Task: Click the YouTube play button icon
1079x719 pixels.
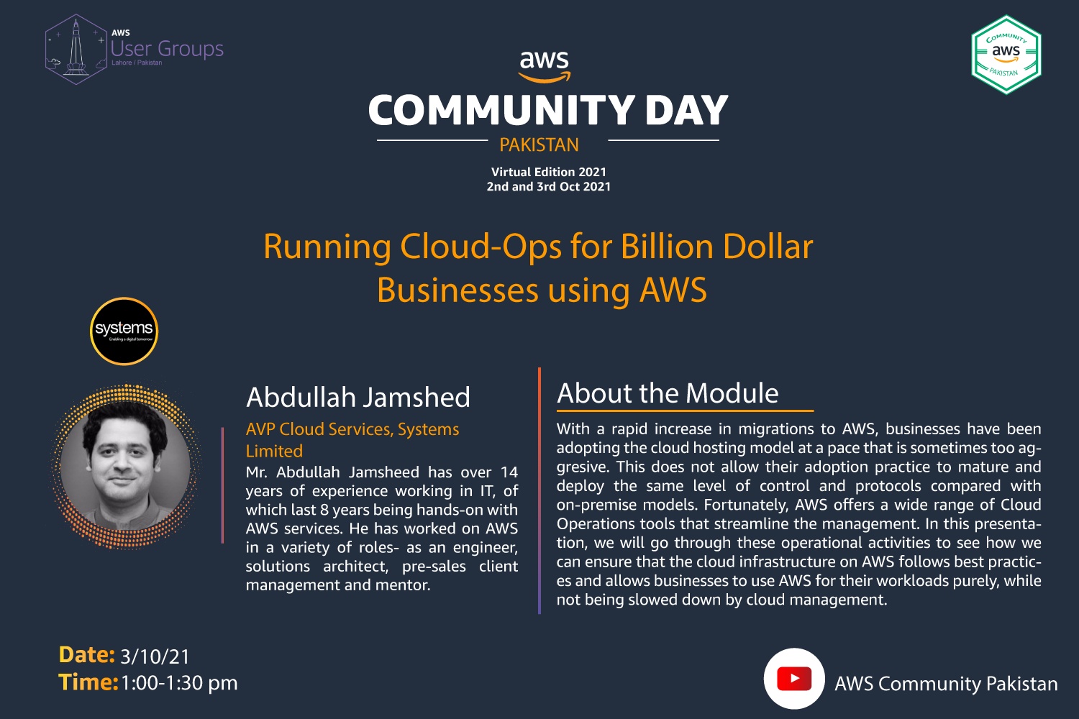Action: [x=794, y=679]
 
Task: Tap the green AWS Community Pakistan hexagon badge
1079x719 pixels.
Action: [x=1006, y=55]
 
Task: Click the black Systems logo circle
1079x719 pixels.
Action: [x=124, y=331]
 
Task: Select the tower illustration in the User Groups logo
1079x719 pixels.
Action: [x=76, y=48]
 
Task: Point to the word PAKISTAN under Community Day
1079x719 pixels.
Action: [x=539, y=145]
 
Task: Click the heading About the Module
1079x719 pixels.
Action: [x=668, y=393]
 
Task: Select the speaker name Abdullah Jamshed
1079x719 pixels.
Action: [x=358, y=398]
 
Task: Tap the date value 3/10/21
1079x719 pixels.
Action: [x=155, y=656]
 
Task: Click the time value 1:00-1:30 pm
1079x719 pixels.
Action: [x=179, y=683]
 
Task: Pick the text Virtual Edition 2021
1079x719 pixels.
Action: [x=549, y=172]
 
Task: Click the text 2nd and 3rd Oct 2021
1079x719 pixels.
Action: [x=549, y=186]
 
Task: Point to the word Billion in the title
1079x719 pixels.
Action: [x=667, y=247]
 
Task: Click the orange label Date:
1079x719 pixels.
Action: [x=87, y=655]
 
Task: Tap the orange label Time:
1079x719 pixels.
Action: [x=88, y=682]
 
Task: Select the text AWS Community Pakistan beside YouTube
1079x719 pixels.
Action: [x=946, y=684]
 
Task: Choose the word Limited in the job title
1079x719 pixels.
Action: [x=274, y=452]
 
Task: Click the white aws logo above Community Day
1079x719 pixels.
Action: [x=545, y=66]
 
